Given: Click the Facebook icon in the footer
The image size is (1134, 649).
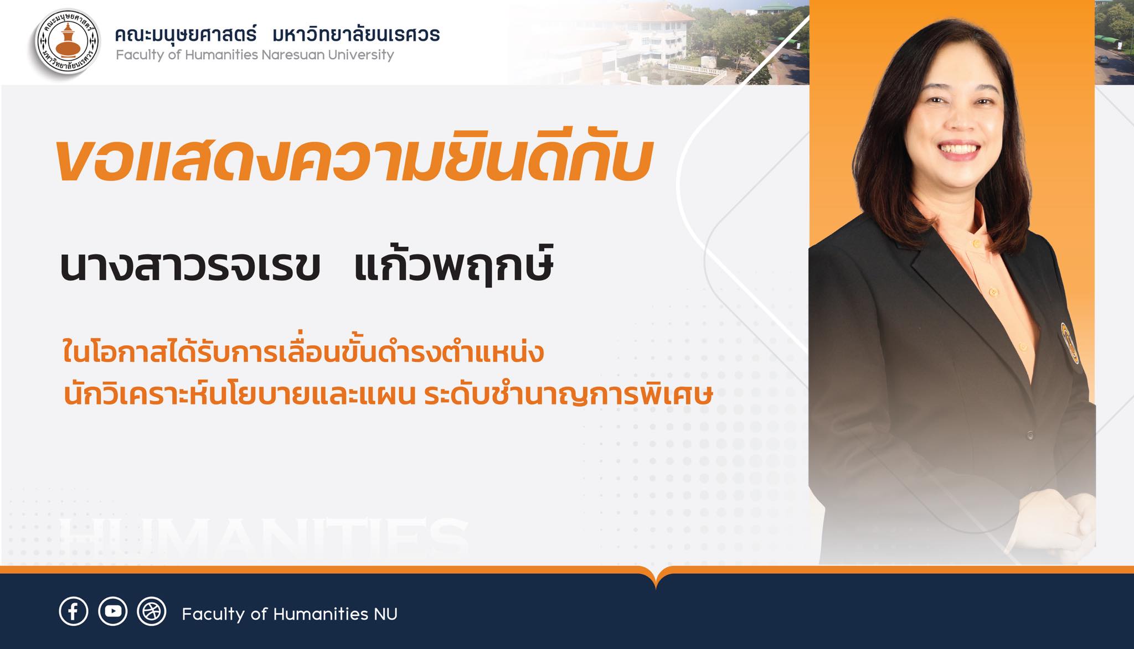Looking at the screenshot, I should (x=73, y=611).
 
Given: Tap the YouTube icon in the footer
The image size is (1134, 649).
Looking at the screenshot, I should (x=113, y=611).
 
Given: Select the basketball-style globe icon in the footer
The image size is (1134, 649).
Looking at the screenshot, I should (x=152, y=611).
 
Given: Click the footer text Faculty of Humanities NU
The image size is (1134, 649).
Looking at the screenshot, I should (x=290, y=614).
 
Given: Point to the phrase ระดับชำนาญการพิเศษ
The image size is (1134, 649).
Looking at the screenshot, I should (x=568, y=395).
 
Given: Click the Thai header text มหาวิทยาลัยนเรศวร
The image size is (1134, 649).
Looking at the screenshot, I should (x=357, y=34).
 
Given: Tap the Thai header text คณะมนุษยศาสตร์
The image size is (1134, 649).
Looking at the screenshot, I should (x=185, y=34).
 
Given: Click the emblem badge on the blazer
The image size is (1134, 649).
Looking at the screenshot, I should (x=1070, y=343).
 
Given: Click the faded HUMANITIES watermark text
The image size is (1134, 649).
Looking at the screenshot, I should (x=264, y=537).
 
